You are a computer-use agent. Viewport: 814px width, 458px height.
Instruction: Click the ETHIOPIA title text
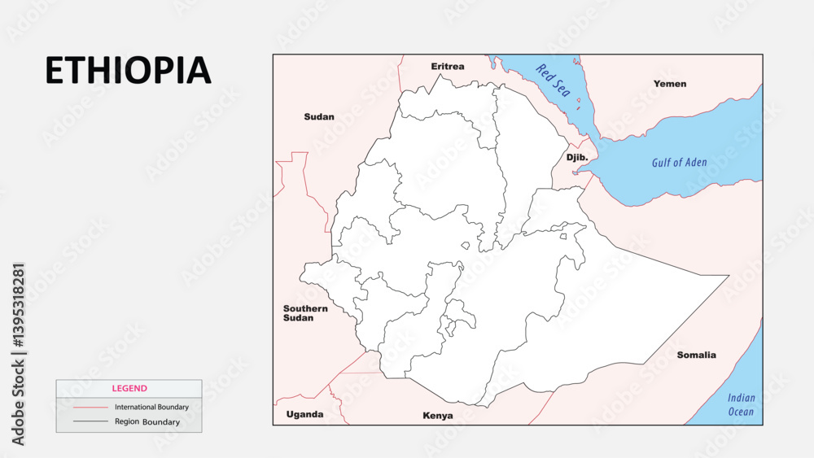point(128,71)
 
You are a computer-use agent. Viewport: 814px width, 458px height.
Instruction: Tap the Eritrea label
point(448,66)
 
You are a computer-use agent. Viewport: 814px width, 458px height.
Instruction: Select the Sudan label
point(319,116)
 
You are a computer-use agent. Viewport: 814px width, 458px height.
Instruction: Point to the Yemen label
point(670,83)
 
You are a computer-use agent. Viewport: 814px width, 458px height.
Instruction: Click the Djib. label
point(577,157)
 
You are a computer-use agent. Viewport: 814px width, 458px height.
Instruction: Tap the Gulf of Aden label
point(679,163)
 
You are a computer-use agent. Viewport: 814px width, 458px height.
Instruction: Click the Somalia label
point(697,355)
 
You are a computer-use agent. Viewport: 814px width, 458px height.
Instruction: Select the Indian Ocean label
point(741,404)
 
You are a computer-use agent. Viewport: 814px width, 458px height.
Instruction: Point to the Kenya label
point(438,416)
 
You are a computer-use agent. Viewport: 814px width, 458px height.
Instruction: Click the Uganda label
point(304,414)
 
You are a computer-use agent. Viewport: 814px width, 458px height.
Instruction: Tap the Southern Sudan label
point(305,313)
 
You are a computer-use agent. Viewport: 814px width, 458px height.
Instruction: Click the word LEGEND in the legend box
point(129,389)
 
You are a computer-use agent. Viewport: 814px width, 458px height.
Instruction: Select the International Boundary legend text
point(151,407)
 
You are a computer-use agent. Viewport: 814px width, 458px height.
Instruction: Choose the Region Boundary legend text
point(147,422)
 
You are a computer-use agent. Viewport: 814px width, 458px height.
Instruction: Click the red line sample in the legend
point(90,407)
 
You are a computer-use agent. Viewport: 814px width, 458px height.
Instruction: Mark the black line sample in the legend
point(90,421)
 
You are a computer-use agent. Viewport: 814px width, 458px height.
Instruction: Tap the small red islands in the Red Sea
point(578,103)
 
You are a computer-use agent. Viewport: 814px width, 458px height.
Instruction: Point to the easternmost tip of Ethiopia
point(729,276)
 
